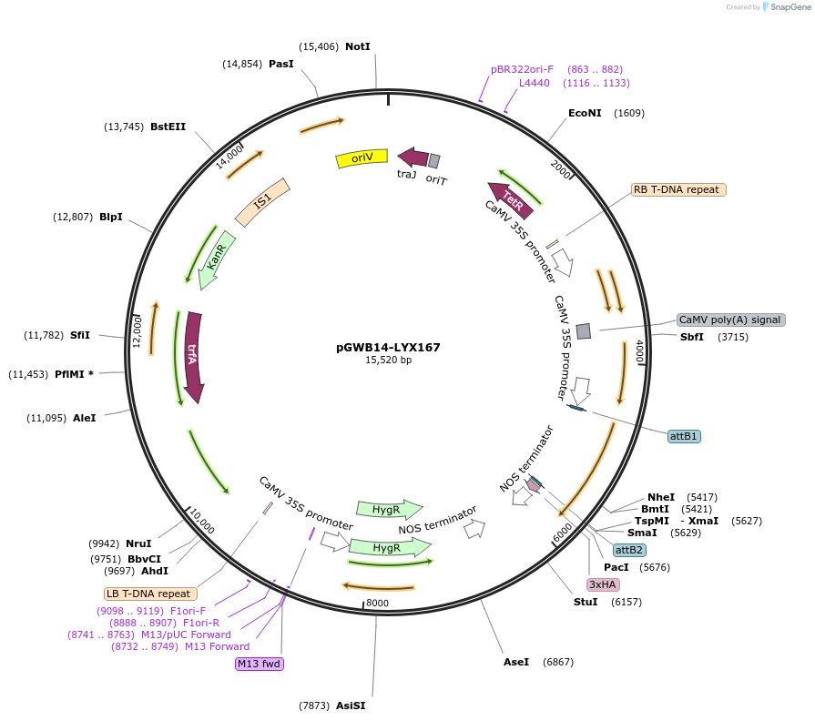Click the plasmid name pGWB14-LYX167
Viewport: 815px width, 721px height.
click(x=389, y=347)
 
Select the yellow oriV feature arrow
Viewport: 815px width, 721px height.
click(x=362, y=158)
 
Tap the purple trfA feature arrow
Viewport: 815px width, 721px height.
click(x=193, y=357)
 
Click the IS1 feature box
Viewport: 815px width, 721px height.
click(x=262, y=202)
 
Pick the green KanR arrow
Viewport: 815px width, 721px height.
click(x=215, y=259)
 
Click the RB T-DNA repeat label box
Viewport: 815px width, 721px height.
click(x=677, y=190)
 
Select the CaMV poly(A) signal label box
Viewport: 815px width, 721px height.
click(x=730, y=320)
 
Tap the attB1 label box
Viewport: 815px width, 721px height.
click(x=684, y=436)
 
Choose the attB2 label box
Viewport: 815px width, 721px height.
click(x=629, y=550)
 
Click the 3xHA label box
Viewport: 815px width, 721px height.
click(x=603, y=584)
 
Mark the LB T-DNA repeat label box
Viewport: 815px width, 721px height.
click(x=148, y=594)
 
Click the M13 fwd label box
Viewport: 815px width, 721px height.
click(x=260, y=664)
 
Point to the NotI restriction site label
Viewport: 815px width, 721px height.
click(x=358, y=46)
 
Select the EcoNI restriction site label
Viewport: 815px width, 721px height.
click(x=584, y=113)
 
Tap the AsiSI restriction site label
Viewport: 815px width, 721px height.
click(x=351, y=706)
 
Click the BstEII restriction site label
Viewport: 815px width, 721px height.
click(x=168, y=127)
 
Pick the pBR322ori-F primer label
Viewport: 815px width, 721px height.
click(x=522, y=69)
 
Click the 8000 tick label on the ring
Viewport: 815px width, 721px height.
click(x=376, y=603)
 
